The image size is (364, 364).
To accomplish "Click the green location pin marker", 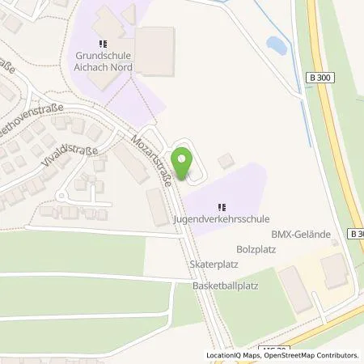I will pyautogui.click(x=182, y=165).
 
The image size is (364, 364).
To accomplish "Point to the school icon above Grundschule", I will pyautogui.click(x=102, y=44).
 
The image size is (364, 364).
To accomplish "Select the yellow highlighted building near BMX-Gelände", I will pyautogui.click(x=333, y=269).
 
